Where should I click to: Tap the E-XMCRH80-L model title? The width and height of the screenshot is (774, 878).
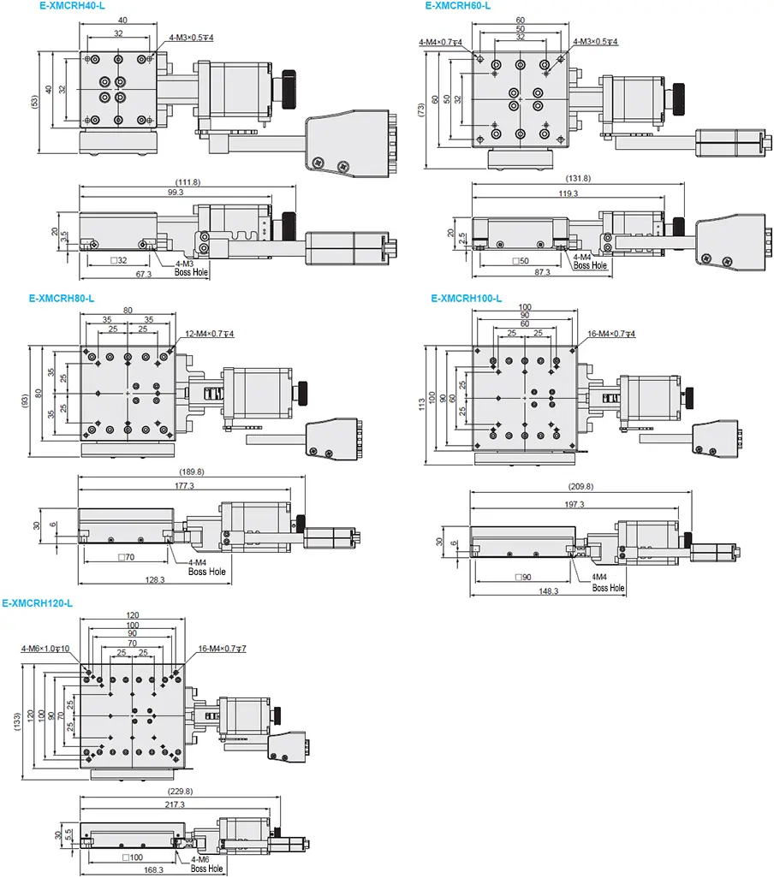[61, 299]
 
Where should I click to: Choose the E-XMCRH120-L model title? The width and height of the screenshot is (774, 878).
[38, 602]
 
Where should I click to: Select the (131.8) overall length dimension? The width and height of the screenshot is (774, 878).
[578, 178]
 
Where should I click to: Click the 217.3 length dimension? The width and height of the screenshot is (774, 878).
[181, 804]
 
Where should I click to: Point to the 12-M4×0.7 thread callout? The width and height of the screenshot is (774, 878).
[210, 334]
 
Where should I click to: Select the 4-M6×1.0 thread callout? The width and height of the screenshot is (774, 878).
[45, 649]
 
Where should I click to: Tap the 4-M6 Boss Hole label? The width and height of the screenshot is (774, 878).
[205, 863]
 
